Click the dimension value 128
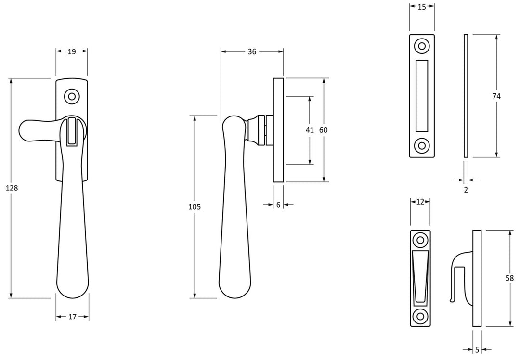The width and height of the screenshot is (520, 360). pos(12,188)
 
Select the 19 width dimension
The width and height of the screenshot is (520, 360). pos(72,52)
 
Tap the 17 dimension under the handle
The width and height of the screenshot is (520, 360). pos(72,317)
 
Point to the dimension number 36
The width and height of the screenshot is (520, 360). pos(252,52)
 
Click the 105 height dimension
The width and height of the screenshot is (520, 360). pos(195,207)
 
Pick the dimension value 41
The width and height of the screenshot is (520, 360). pos(310,130)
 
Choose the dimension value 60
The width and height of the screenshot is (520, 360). pos(323,130)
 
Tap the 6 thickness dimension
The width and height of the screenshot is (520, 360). pos(278,205)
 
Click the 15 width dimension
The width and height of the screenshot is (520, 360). pos(422,7)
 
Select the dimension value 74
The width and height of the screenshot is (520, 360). pos(496,96)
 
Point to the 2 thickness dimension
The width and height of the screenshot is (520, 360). pos(466,190)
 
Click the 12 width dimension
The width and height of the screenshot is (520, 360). pos(420,202)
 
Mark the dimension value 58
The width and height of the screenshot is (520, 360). pos(509,278)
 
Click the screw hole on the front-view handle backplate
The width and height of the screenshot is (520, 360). pos(72,96)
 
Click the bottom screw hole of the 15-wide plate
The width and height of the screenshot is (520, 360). pos(422,145)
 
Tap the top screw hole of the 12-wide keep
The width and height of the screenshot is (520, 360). pos(420,240)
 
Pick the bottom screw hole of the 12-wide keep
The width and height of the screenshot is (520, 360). pos(420,316)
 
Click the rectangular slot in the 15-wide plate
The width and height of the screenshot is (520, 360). pos(422,96)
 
